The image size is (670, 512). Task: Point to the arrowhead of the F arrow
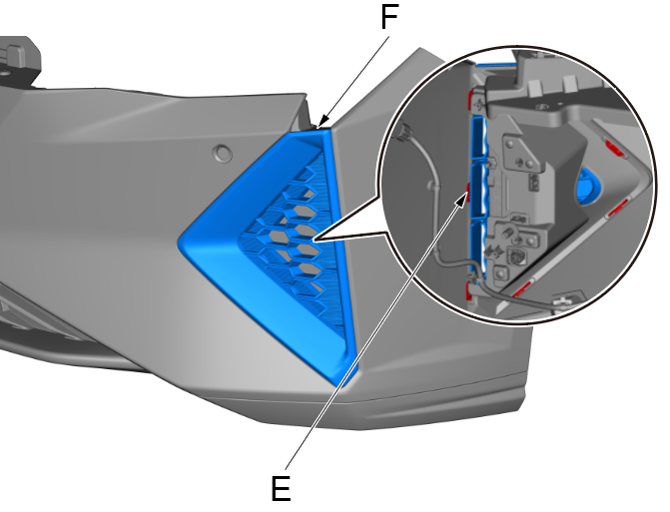click(x=320, y=128)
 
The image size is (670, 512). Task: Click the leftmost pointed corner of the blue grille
click(x=181, y=240)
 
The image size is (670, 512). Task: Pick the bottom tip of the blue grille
click(x=349, y=382)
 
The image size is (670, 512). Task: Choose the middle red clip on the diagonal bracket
click(x=619, y=208)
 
